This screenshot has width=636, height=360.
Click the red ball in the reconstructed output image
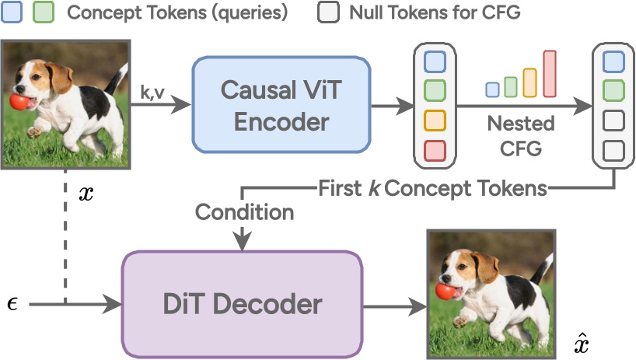[x=445, y=291]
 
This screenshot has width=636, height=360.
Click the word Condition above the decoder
[x=245, y=211]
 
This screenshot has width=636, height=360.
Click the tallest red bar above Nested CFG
[x=550, y=74]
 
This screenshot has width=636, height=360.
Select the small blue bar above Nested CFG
[x=492, y=89]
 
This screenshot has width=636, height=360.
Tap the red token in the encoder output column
[x=435, y=149]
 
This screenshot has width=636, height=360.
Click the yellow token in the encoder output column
[x=435, y=120]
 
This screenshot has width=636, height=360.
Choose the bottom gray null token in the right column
[x=613, y=149]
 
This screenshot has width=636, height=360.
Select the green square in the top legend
[x=44, y=12]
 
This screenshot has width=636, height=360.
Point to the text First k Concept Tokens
[x=432, y=188]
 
